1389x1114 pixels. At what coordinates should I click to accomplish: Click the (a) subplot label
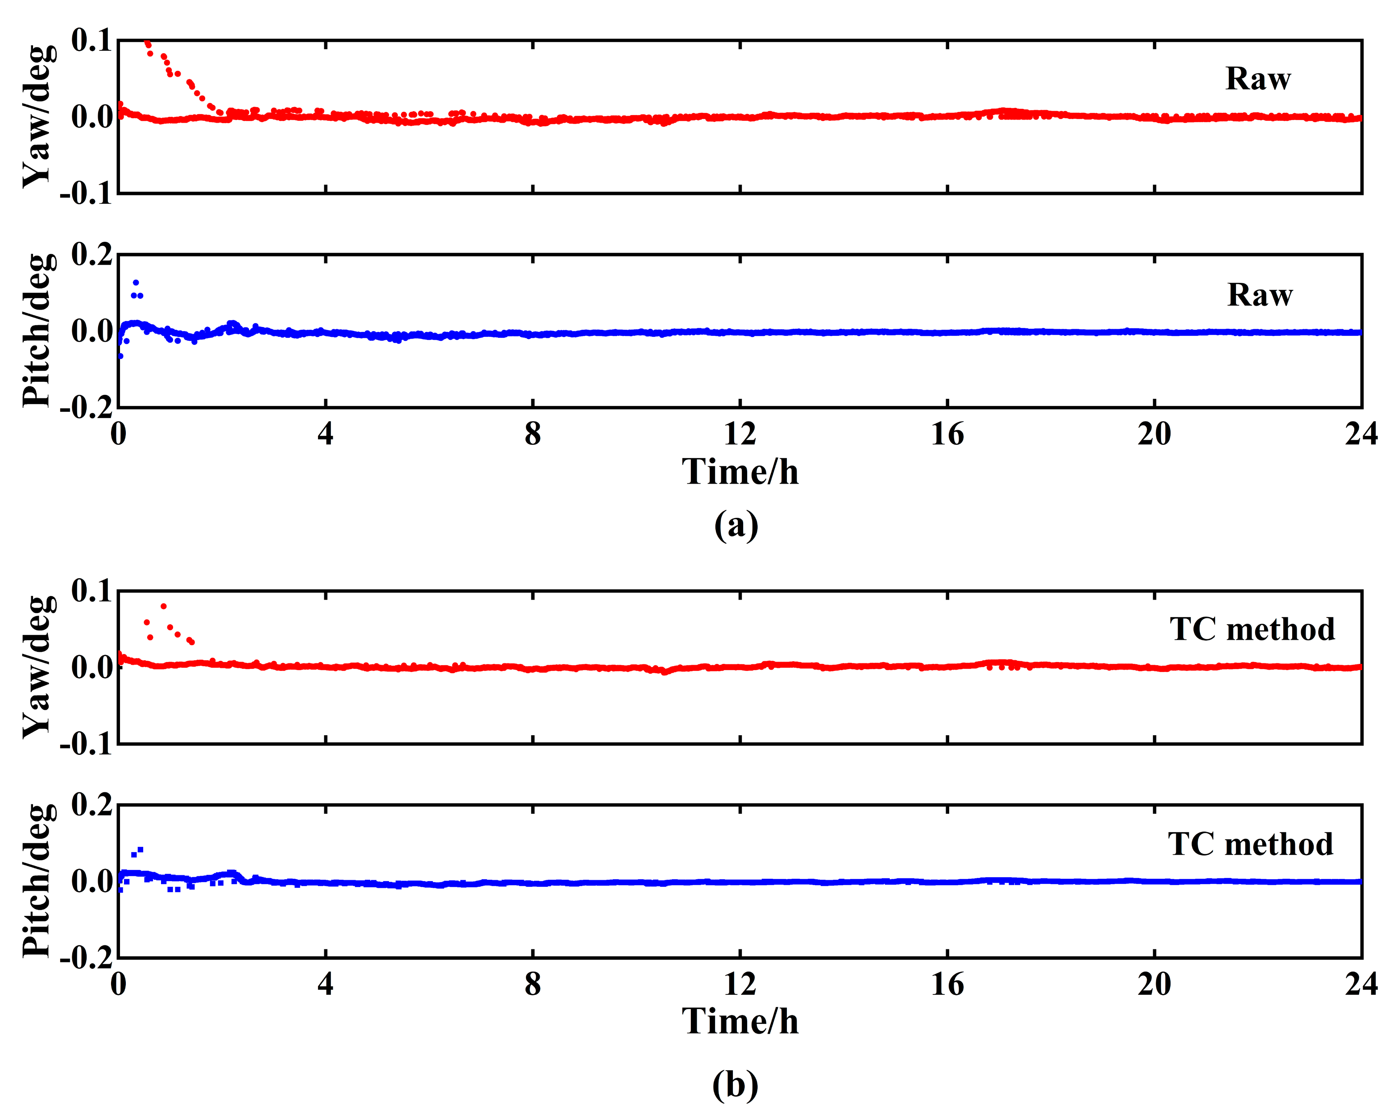click(736, 525)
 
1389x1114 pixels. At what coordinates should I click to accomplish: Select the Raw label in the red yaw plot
click(1257, 79)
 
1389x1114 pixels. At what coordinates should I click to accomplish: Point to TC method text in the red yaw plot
click(1252, 629)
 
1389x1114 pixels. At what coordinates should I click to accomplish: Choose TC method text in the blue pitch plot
click(1250, 844)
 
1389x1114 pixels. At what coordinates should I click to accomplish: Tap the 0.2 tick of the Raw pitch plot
click(91, 255)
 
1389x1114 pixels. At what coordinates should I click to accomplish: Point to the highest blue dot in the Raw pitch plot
click(135, 282)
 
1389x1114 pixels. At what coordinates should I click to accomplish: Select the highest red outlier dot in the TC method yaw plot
click(164, 606)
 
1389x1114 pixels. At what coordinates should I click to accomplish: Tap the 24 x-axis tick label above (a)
click(1360, 435)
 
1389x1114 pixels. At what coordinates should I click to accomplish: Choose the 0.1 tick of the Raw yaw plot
click(91, 41)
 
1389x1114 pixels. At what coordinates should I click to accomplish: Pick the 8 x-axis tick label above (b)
click(532, 985)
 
